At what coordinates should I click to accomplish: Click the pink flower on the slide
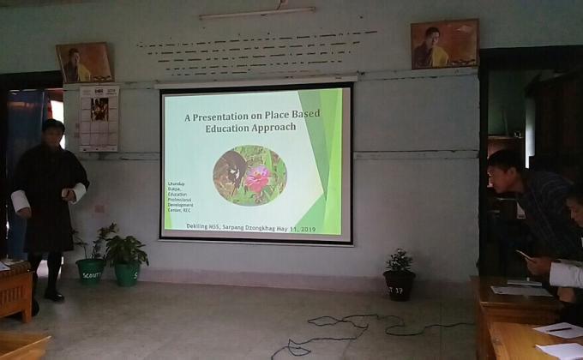257,177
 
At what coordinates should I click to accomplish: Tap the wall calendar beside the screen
99,118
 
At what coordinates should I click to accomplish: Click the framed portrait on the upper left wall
84,63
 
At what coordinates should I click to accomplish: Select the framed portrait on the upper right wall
444,45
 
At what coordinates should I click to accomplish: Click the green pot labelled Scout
90,270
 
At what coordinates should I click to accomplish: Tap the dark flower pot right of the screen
398,284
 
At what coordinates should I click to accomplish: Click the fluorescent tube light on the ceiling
257,13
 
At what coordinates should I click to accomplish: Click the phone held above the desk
524,255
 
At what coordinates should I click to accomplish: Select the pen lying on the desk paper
558,328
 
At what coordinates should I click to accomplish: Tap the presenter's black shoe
54,295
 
